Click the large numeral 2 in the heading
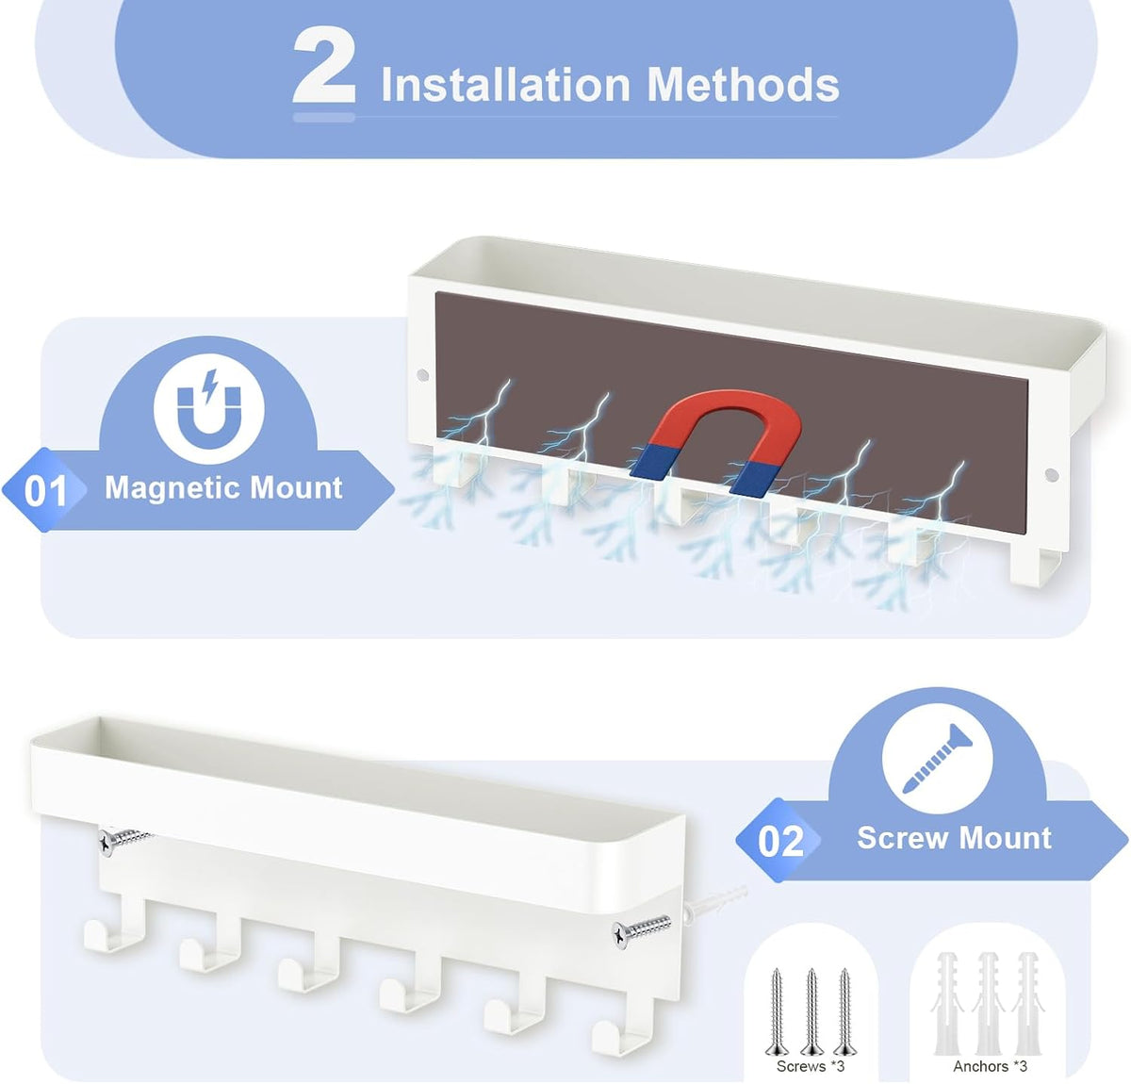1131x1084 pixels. (323, 66)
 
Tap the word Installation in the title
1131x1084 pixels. (505, 85)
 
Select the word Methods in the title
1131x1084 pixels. (743, 85)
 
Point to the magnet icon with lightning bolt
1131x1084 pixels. (208, 408)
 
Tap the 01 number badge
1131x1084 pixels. (45, 489)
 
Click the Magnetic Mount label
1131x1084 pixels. (223, 487)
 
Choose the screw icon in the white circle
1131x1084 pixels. (936, 759)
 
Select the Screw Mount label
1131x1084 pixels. (954, 838)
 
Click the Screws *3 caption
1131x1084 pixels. (811, 1066)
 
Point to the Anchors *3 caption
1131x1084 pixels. (990, 1066)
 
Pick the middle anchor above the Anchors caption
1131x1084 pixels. (988, 1004)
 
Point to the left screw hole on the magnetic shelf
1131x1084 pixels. (422, 375)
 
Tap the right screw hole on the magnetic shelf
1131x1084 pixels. (1052, 475)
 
